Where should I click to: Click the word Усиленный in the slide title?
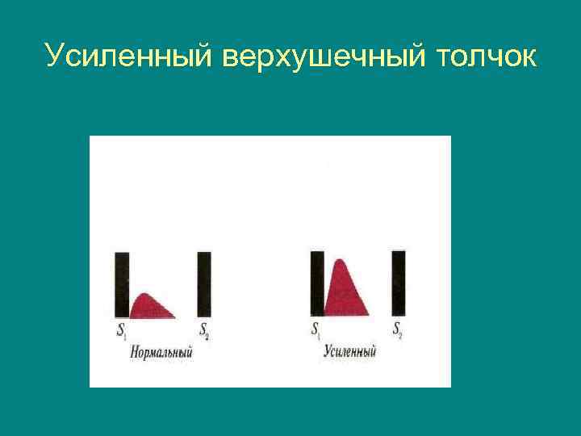pos(127,56)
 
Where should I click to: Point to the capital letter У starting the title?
pos(55,56)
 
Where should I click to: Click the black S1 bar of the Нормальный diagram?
pos(122,284)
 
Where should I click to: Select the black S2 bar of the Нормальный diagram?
pos(204,284)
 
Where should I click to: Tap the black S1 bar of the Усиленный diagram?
pos(317,283)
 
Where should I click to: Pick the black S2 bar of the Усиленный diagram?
pos(399,283)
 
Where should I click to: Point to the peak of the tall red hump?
pos(340,261)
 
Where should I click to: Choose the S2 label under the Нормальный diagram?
pos(204,331)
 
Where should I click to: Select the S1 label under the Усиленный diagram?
pos(316,329)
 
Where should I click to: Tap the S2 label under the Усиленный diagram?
pos(398,329)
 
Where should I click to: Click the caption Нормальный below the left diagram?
pos(161,352)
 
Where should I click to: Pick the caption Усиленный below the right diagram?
pos(350,351)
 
